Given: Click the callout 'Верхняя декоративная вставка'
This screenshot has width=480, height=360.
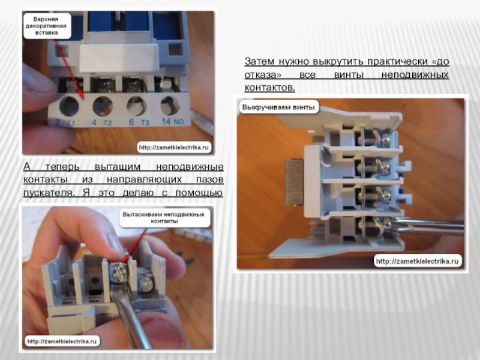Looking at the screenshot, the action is [46, 26].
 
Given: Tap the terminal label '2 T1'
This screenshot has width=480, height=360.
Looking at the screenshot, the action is [65, 122].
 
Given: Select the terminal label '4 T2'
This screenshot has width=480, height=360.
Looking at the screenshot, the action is [101, 122].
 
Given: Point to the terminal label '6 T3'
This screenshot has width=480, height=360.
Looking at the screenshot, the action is [139, 122].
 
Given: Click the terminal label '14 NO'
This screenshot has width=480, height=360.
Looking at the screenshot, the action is [173, 122].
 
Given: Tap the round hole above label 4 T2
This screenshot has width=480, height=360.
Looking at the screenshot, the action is [103, 106].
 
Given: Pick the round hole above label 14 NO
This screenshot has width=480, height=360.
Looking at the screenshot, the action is [170, 106].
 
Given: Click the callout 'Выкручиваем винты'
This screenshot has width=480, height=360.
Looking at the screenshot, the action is [278, 107].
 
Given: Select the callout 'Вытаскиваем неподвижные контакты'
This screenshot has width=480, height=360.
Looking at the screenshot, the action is [163, 218].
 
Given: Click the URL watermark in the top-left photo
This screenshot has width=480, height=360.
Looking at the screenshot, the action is [173, 147].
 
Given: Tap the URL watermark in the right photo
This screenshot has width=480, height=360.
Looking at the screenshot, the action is [417, 261].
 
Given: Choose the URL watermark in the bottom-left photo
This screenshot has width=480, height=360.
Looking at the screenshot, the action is [62, 341].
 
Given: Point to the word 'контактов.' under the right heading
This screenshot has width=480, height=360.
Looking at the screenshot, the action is [269, 88].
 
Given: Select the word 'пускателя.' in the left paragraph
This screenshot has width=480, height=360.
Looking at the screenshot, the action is [49, 193].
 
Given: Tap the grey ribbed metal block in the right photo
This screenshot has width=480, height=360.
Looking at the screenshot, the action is [294, 182].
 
